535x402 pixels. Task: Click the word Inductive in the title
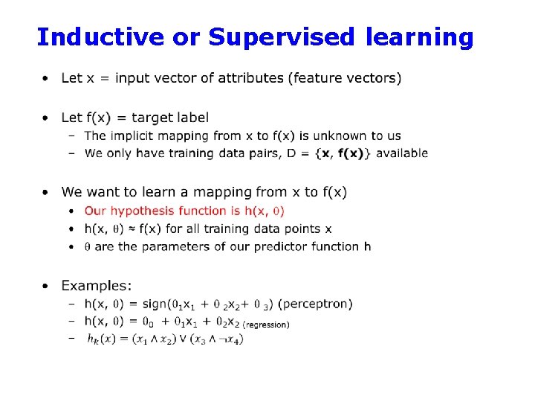[100, 36]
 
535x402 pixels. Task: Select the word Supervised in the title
[284, 36]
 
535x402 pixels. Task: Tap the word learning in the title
[419, 36]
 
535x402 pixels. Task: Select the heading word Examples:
[97, 286]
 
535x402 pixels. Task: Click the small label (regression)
[267, 325]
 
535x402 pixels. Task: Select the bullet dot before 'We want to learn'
[46, 192]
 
